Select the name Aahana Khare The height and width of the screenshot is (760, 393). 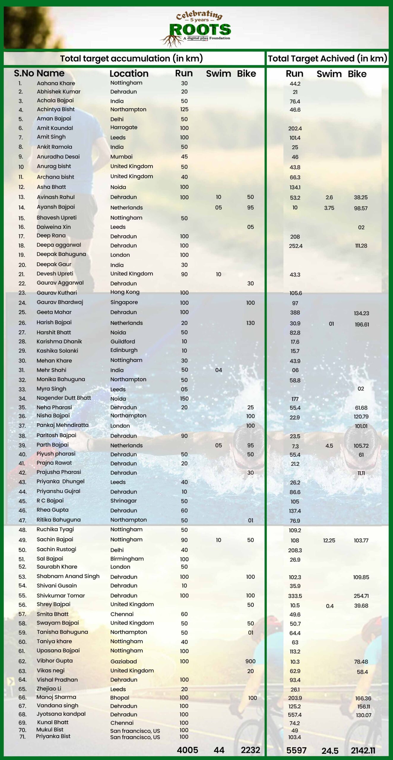[56, 83]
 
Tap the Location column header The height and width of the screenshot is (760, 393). [129, 73]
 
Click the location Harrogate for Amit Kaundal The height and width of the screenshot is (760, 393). [124, 127]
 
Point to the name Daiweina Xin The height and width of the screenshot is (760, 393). [54, 227]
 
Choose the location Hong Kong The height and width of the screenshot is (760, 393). [125, 292]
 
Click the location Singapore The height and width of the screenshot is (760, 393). [124, 302]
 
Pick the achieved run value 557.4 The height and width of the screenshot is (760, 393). [295, 715]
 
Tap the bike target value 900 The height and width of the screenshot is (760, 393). [250, 661]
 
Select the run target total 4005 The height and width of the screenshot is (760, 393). [187, 750]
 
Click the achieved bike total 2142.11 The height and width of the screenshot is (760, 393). [363, 750]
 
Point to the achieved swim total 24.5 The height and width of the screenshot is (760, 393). [330, 751]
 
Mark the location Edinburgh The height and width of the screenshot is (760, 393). [124, 350]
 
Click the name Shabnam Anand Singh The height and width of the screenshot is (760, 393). [68, 576]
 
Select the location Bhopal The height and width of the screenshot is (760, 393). [120, 697]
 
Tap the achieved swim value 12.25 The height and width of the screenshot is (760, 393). [329, 540]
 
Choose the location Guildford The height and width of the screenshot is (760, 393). [123, 341]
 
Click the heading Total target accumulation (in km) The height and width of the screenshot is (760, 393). [131, 58]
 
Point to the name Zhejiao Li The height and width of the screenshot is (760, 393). [49, 688]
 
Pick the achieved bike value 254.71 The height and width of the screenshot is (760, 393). [361, 596]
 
